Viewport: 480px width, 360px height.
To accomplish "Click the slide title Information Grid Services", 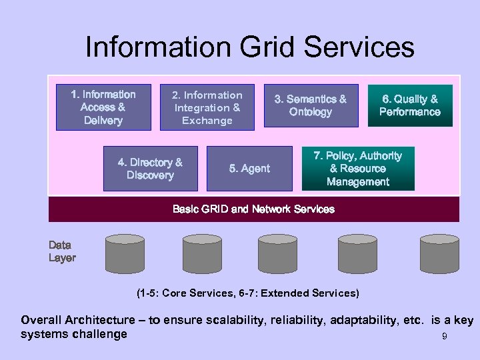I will (x=249, y=48).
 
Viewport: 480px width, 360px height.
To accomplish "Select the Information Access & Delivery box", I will (x=103, y=107).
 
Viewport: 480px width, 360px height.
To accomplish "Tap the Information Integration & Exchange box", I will (x=207, y=107).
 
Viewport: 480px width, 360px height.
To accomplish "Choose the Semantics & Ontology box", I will (x=311, y=105).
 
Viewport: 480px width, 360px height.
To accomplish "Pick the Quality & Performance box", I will (x=409, y=105).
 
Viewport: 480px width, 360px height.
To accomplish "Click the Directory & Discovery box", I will (x=149, y=169).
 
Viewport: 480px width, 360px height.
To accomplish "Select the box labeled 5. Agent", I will (x=249, y=169).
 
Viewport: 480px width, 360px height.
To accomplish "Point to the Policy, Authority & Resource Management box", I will (x=357, y=169).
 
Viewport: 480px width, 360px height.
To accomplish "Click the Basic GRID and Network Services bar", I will (x=253, y=209).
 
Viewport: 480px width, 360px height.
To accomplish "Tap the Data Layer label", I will (x=62, y=251).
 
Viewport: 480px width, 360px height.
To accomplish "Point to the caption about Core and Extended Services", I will (x=247, y=293).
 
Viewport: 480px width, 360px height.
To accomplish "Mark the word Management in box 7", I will (x=357, y=182).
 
